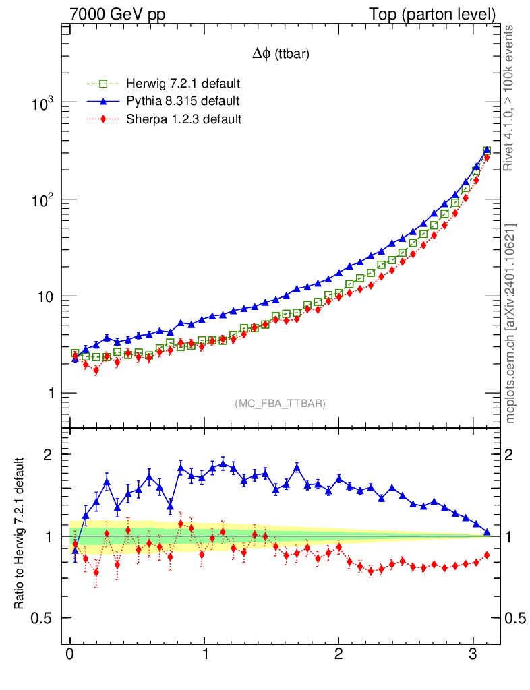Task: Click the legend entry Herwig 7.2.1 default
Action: click(183, 84)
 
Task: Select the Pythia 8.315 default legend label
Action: click(183, 102)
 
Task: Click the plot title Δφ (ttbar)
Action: click(281, 55)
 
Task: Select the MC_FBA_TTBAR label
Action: click(280, 404)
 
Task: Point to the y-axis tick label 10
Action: click(47, 297)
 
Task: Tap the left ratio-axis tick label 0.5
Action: click(46, 619)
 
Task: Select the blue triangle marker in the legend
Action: click(102, 102)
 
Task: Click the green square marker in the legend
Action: click(102, 84)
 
